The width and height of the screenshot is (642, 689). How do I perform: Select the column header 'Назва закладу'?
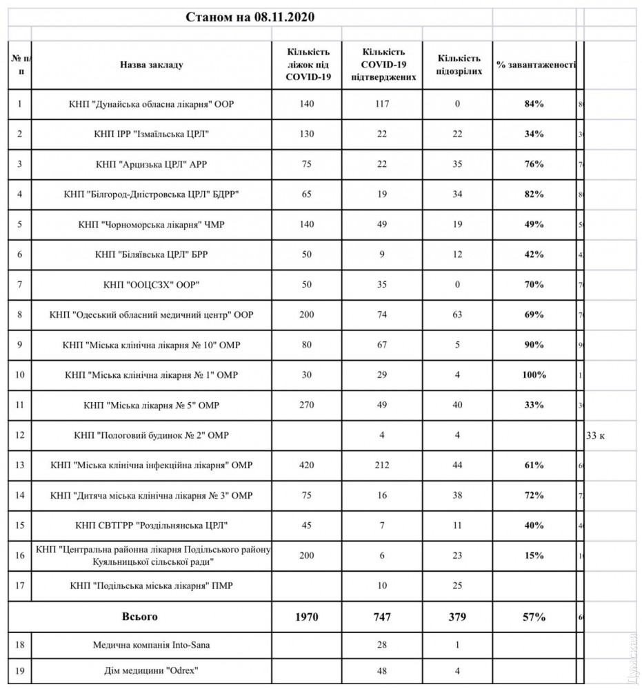point(151,65)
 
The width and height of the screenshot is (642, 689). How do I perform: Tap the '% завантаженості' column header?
point(536,65)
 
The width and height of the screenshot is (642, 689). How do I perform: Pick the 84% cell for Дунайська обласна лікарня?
point(534,104)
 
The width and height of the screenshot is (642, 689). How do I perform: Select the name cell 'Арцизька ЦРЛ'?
point(151,164)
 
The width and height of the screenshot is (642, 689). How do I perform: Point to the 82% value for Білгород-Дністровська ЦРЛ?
point(534,194)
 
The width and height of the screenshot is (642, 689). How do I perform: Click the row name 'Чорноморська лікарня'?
point(151,224)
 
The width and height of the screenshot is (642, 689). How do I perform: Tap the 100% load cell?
point(534,375)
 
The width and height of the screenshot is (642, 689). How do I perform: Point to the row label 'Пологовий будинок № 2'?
point(151,436)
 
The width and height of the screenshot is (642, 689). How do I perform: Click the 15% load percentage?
point(534,556)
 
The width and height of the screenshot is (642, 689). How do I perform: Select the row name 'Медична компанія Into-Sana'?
point(151,646)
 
